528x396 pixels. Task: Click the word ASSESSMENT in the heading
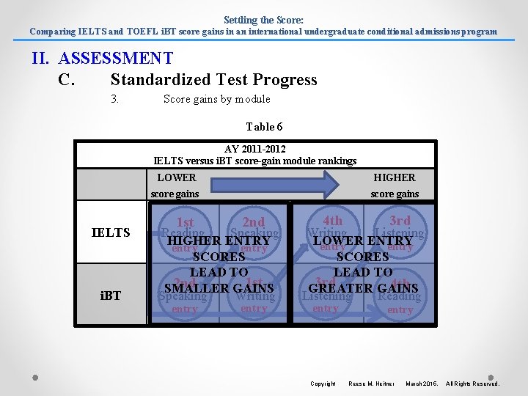(115, 59)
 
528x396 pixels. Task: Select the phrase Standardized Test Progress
(213, 80)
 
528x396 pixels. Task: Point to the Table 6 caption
(264, 127)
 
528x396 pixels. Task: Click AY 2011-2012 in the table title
(255, 149)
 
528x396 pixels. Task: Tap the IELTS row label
(111, 233)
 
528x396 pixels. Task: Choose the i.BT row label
(111, 296)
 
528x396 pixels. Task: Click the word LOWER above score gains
(177, 177)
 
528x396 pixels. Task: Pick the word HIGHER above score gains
(394, 177)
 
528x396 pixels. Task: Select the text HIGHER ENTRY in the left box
(219, 241)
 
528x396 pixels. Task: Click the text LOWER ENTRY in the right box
(362, 241)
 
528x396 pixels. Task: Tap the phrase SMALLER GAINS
(219, 288)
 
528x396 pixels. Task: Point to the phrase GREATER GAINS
(363, 288)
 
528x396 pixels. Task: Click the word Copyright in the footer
(323, 384)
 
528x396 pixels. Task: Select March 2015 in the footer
(422, 384)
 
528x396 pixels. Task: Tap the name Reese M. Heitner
(371, 384)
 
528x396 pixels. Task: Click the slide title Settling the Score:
(263, 20)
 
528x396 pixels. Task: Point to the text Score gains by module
(216, 99)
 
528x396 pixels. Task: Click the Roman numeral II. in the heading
(41, 59)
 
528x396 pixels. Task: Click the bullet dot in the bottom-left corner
(35, 378)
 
